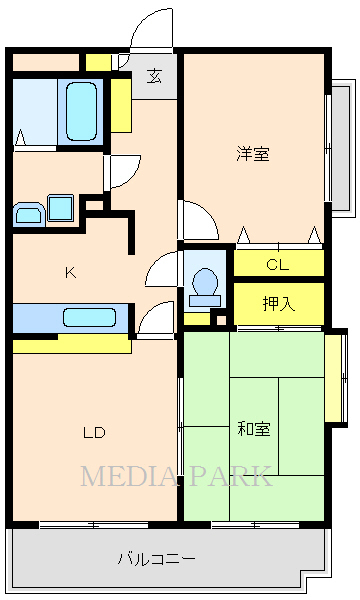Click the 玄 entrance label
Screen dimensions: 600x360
pos(155,76)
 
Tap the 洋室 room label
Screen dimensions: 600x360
pos(253,154)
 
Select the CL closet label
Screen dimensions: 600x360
pos(278,265)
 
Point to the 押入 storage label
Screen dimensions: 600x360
pos(278,303)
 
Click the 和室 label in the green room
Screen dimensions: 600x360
pos(253,429)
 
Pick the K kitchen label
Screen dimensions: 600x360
pos(70,272)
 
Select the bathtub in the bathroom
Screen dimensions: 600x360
pos(81,111)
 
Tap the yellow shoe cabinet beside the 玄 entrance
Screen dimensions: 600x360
pos(121,103)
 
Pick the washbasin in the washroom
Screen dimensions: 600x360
pos(27,212)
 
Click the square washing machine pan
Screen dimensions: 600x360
pos(60,208)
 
